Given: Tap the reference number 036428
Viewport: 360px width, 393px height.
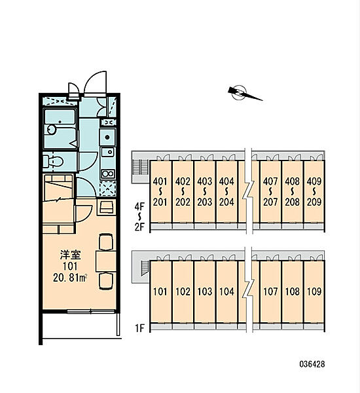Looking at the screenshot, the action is click(x=312, y=364).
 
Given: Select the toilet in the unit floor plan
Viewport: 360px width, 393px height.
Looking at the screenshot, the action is click(x=52, y=161).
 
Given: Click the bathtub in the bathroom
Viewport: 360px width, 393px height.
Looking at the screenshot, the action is click(x=60, y=129).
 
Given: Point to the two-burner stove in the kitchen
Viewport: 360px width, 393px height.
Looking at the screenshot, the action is click(x=108, y=174).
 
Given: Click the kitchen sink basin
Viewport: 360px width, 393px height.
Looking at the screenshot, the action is click(x=108, y=152).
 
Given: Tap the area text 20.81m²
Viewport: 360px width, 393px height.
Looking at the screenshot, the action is click(x=70, y=278).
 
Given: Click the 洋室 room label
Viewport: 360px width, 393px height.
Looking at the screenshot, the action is click(x=71, y=255).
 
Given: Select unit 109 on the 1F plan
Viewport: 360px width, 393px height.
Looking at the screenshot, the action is click(x=314, y=291).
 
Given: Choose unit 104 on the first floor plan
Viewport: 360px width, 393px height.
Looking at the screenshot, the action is click(x=226, y=291).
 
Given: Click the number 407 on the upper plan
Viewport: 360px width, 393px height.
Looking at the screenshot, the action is click(x=270, y=181).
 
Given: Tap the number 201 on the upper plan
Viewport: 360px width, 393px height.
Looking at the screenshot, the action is click(x=160, y=202).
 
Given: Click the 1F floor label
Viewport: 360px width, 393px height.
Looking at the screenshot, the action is click(x=140, y=328).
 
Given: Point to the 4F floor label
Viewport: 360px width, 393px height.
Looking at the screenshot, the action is click(x=140, y=207).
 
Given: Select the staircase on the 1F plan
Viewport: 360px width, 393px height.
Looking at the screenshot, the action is click(x=145, y=268).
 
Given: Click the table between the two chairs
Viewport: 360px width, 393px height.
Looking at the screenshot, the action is click(x=106, y=261).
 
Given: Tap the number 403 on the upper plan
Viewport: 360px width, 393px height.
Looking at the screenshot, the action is click(x=205, y=181).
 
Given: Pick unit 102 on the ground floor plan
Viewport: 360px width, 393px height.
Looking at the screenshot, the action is click(x=183, y=291).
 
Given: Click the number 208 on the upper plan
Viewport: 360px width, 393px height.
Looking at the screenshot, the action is click(x=292, y=202).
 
